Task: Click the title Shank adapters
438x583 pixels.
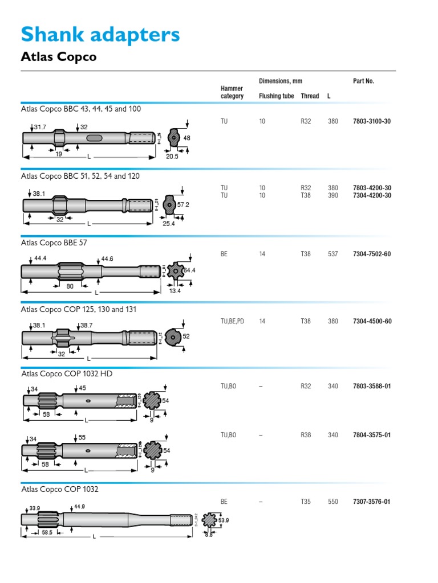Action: pyautogui.click(x=100, y=35)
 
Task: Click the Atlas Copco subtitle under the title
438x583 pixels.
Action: pyautogui.click(x=59, y=57)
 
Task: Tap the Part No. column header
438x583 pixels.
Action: pyautogui.click(x=363, y=81)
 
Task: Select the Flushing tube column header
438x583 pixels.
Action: pyautogui.click(x=277, y=96)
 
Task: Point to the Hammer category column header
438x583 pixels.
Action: pyautogui.click(x=232, y=92)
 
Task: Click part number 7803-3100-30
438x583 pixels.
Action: pyautogui.click(x=371, y=122)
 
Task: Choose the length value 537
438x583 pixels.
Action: pyautogui.click(x=333, y=254)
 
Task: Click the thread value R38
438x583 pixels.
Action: pyautogui.click(x=306, y=435)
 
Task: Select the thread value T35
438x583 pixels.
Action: pyautogui.click(x=306, y=502)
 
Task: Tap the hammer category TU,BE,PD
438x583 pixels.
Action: pyautogui.click(x=232, y=321)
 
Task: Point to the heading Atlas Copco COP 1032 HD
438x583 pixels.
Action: pyautogui.click(x=67, y=374)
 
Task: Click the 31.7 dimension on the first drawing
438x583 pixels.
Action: pyautogui.click(x=39, y=126)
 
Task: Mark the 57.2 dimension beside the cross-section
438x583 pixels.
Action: pyautogui.click(x=183, y=204)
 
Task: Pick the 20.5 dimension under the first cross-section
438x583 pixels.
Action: pyautogui.click(x=172, y=156)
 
